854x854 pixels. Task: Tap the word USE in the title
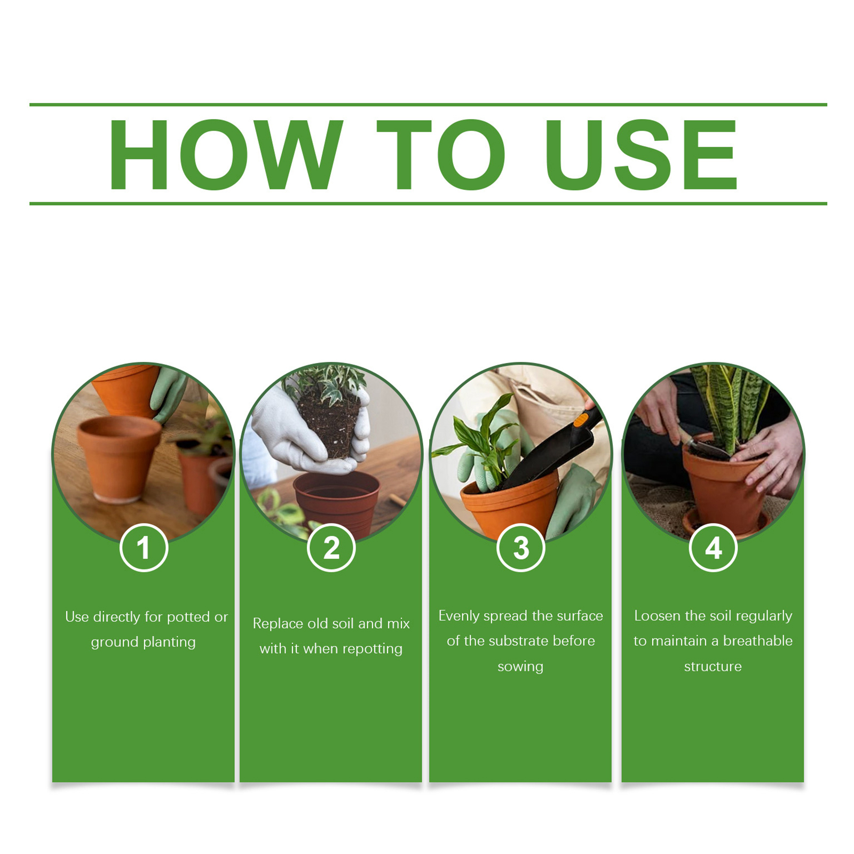point(641,155)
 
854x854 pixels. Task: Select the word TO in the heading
point(441,155)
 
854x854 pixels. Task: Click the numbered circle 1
point(144,548)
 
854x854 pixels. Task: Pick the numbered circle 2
point(331,548)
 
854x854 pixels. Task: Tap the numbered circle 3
point(521,548)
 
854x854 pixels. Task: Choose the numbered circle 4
point(713,548)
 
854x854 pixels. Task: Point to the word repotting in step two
point(373,649)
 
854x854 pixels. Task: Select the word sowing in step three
point(520,667)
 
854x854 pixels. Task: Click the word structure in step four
point(713,666)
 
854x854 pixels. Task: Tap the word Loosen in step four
point(658,616)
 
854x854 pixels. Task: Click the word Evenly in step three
point(458,616)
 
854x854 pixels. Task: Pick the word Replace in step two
point(278,624)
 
